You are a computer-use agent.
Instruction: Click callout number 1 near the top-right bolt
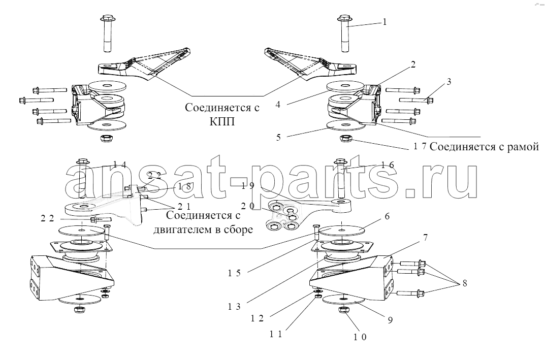tap(384, 22)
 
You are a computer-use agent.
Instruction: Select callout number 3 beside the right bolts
tap(448, 82)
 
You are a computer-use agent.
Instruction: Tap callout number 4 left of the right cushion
tap(278, 104)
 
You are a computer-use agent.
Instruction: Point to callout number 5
tap(278, 137)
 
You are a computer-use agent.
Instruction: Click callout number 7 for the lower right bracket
tap(426, 238)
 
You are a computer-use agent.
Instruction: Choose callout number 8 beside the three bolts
tap(465, 283)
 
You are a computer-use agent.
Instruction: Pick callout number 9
tap(390, 320)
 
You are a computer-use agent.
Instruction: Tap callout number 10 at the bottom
tap(360, 337)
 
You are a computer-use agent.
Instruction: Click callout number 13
tap(234, 307)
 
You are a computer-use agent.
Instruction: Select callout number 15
tap(234, 273)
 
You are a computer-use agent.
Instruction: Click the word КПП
tap(222, 122)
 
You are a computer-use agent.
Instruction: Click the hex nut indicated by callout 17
tap(346, 139)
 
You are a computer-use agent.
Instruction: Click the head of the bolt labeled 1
tap(344, 18)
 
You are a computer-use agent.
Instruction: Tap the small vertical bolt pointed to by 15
tap(316, 232)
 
